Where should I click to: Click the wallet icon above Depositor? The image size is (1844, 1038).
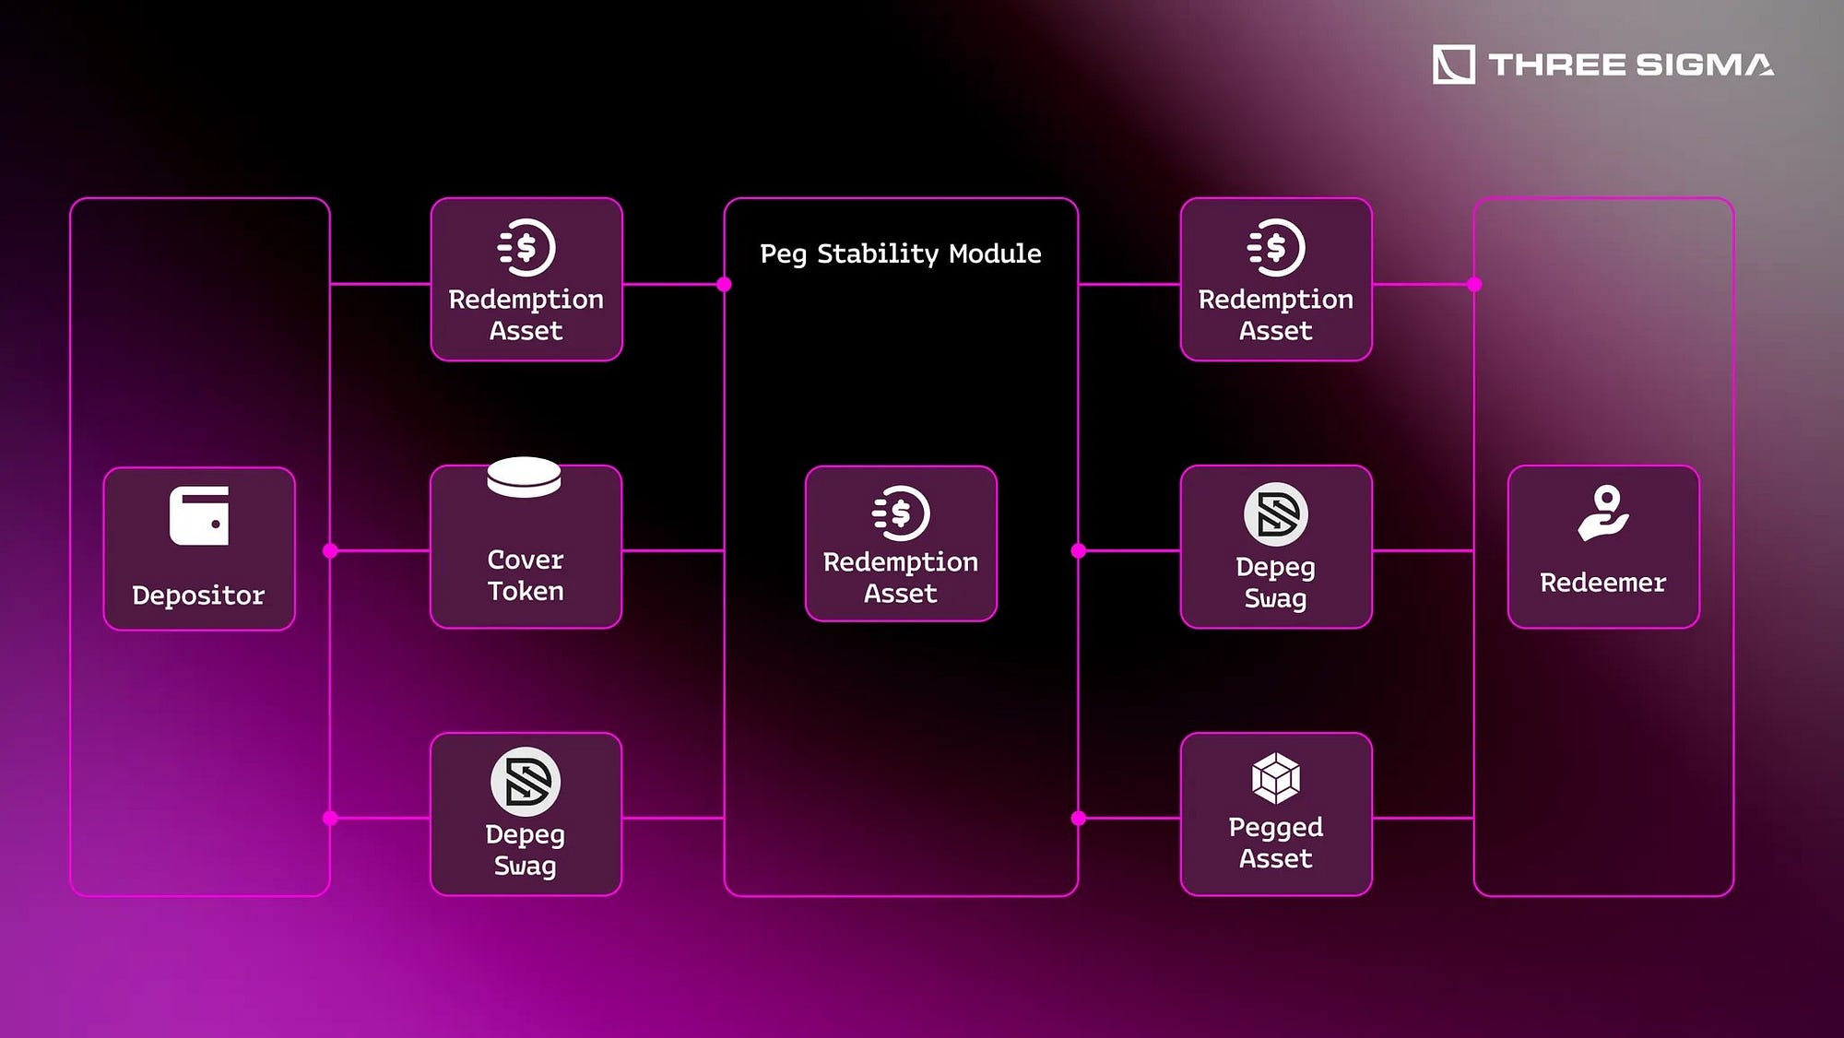tap(199, 516)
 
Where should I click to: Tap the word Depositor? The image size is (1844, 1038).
tap(198, 596)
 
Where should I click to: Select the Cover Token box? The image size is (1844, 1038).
tap(526, 548)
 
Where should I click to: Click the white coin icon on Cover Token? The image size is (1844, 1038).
tap(524, 477)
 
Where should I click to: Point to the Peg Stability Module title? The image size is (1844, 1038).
tap(900, 254)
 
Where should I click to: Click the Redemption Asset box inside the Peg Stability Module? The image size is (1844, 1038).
tap(901, 544)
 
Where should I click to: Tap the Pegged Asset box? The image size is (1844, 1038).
tap(1276, 814)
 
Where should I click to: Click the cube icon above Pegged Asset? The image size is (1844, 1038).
tap(1276, 778)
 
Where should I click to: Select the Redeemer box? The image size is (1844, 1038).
tap(1603, 548)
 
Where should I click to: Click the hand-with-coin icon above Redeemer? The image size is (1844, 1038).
tap(1603, 513)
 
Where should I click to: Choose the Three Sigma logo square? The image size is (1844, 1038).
tap(1453, 65)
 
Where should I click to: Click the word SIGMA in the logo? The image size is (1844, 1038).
tap(1704, 65)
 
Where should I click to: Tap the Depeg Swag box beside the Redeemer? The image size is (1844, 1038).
tap(1276, 548)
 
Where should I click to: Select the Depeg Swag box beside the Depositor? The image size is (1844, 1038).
tap(526, 814)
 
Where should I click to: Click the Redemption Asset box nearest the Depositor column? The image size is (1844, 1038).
tap(526, 279)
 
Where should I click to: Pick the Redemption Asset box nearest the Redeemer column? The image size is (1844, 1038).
tap(1276, 279)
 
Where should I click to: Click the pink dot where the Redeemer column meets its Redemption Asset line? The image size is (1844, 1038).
tap(1474, 284)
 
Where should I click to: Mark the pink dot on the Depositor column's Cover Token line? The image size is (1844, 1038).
tap(330, 551)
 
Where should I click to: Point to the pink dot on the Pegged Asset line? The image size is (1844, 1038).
tap(1079, 819)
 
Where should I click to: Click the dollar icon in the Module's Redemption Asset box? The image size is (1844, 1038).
tap(901, 513)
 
